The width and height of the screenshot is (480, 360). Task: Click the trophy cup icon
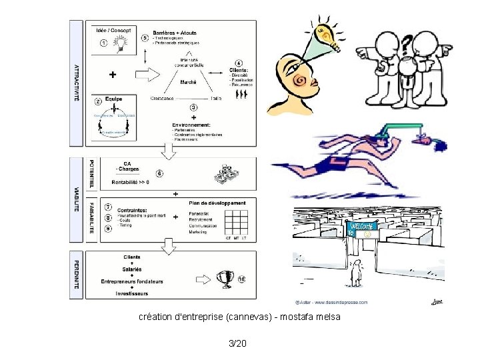tap(227, 278)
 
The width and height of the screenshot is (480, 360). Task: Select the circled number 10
tap(241, 279)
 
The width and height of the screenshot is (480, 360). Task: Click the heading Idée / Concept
tap(113, 29)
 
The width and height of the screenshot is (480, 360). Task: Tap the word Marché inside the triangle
tap(189, 82)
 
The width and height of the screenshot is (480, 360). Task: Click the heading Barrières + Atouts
tap(175, 32)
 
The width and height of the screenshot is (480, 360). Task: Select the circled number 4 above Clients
tap(238, 63)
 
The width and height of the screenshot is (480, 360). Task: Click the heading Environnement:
tap(193, 124)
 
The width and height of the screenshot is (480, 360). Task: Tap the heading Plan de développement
tap(217, 203)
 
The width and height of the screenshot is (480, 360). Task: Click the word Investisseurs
tap(131, 293)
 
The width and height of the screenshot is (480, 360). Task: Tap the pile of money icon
tap(226, 175)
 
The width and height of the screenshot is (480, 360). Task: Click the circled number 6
tap(159, 173)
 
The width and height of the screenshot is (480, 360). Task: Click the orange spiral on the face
tap(300, 81)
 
